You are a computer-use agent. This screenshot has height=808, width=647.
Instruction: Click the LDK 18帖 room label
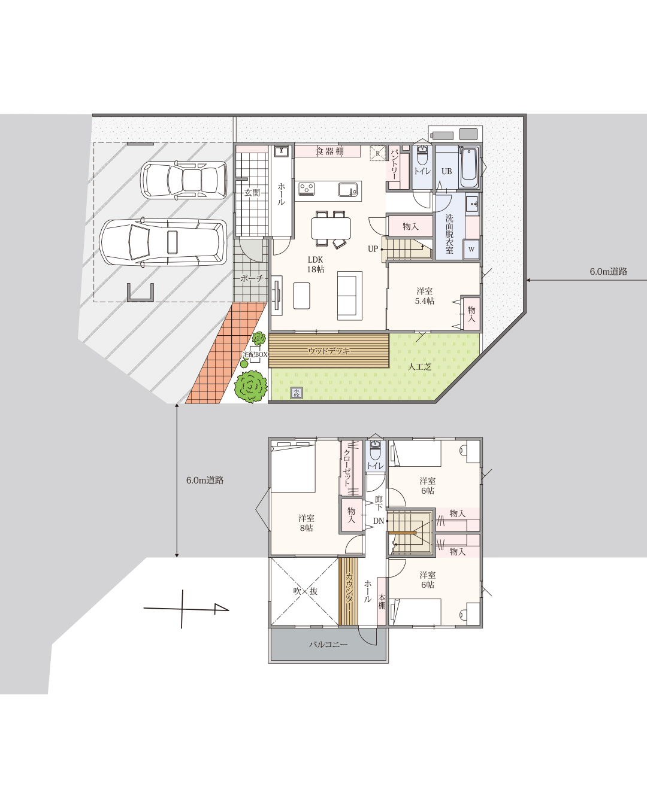[x=316, y=265]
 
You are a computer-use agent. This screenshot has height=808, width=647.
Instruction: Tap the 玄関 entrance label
[x=252, y=193]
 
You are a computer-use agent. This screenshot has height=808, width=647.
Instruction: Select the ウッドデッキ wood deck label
[x=328, y=351]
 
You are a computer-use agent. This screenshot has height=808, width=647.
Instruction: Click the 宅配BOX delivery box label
[x=255, y=354]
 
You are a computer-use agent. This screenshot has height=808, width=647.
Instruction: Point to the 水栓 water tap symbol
[x=297, y=393]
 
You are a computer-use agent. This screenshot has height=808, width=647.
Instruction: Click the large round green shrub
[x=251, y=387]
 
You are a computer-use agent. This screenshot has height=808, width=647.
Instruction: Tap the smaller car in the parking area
[x=184, y=180]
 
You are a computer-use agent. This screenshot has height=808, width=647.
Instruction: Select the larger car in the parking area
[x=164, y=243]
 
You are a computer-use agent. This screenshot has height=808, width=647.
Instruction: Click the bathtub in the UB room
[x=468, y=168]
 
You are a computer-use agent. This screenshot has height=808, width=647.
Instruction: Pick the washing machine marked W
[x=471, y=250]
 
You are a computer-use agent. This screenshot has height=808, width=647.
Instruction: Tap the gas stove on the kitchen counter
[x=307, y=189]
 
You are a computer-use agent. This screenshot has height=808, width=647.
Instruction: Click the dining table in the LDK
[x=331, y=228]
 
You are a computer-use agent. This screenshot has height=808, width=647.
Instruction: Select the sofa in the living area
[x=349, y=296]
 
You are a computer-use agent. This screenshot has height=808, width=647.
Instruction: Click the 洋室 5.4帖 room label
[x=424, y=296]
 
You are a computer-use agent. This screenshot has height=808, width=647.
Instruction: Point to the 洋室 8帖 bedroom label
[x=306, y=523]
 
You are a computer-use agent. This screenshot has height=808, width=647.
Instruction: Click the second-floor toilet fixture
[x=376, y=449]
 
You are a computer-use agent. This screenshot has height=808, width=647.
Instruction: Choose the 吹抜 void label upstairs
[x=306, y=591]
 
